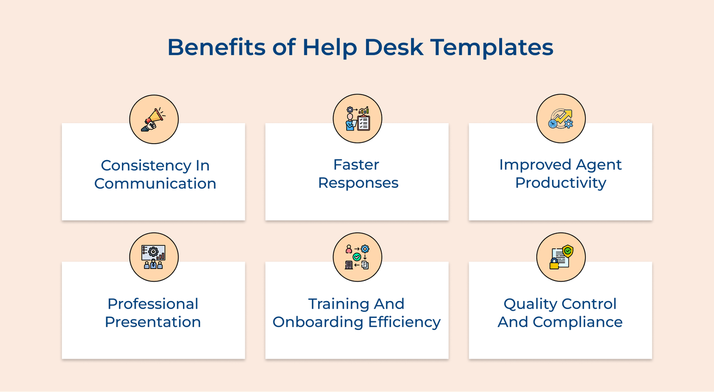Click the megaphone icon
tap(154, 120)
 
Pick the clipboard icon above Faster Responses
tap(357, 119)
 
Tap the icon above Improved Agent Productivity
tap(561, 119)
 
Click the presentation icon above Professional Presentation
tap(154, 257)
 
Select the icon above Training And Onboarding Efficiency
tap(357, 257)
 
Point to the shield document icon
tap(561, 257)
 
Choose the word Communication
tap(155, 184)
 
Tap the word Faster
tap(356, 165)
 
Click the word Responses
tap(358, 183)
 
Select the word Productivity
tap(560, 183)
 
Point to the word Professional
tap(153, 304)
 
